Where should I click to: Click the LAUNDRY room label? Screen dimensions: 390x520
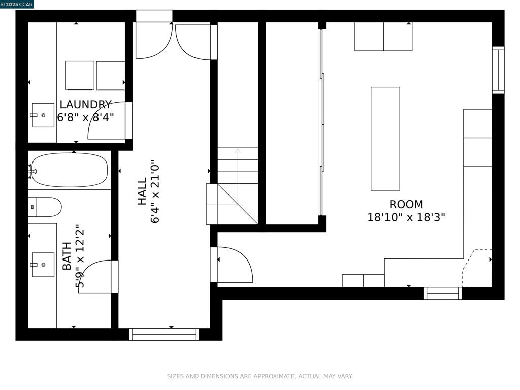pyautogui.click(x=85, y=105)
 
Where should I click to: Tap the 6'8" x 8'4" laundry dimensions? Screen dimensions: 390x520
pyautogui.click(x=85, y=117)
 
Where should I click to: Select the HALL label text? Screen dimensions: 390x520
pyautogui.click(x=142, y=191)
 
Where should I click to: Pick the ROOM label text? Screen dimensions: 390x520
pyautogui.click(x=406, y=204)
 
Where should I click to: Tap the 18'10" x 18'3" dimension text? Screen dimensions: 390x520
pyautogui.click(x=406, y=217)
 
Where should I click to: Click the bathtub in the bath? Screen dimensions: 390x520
pyautogui.click(x=69, y=170)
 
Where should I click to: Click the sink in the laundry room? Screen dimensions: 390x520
pyautogui.click(x=43, y=115)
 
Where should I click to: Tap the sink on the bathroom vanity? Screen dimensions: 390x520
pyautogui.click(x=43, y=265)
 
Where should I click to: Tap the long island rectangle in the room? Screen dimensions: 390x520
pyautogui.click(x=385, y=139)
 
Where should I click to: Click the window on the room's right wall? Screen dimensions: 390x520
pyautogui.click(x=498, y=70)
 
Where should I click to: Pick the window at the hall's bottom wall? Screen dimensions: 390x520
pyautogui.click(x=164, y=334)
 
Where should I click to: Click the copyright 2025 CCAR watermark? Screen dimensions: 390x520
pyautogui.click(x=17, y=4)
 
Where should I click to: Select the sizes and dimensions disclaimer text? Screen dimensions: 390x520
pyautogui.click(x=259, y=376)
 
